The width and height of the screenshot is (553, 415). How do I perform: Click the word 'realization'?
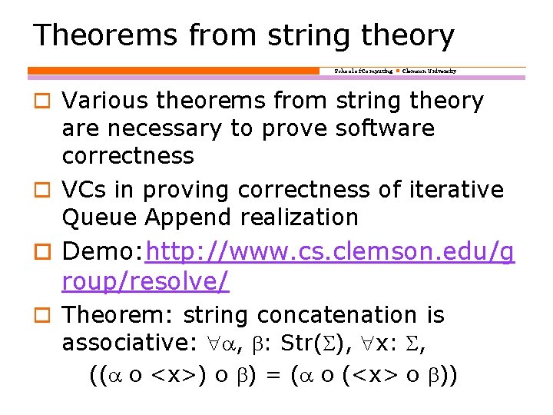click(x=300, y=217)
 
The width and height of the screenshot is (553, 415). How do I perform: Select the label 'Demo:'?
click(x=103, y=251)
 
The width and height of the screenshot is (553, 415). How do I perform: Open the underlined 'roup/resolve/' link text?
click(x=145, y=281)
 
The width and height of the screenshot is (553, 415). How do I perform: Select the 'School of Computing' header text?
click(x=363, y=71)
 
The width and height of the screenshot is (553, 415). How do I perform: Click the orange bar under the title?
click(x=173, y=71)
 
